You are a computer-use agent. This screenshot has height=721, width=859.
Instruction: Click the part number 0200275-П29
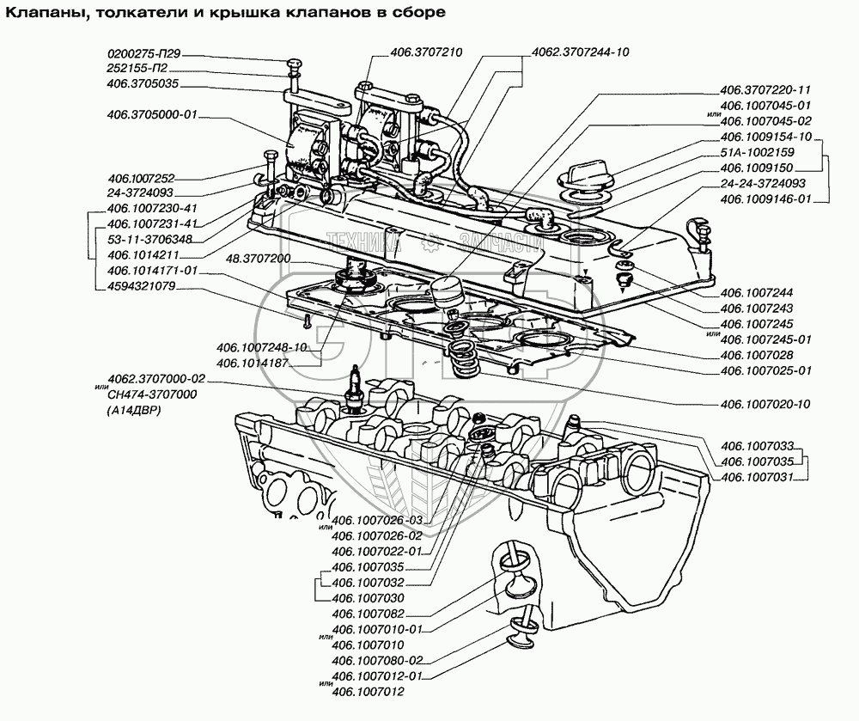coord(147,53)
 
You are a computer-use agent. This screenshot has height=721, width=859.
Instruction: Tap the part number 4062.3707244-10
coord(581,52)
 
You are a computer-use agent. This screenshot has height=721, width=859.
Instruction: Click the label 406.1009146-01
coord(766,199)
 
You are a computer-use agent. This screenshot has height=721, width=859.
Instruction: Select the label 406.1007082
coord(368,614)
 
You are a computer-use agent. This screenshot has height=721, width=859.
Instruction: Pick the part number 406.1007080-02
coord(377,660)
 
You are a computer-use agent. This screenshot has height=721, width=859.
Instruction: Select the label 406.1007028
coord(758,354)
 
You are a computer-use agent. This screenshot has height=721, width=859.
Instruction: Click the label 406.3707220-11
coord(766,89)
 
